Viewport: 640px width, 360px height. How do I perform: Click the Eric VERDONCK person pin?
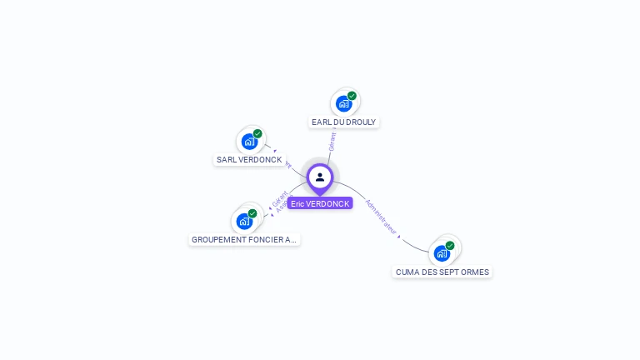pyautogui.click(x=320, y=177)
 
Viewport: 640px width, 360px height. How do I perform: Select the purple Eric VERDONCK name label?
pyautogui.click(x=320, y=203)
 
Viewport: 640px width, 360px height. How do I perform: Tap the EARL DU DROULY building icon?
pyautogui.click(x=343, y=104)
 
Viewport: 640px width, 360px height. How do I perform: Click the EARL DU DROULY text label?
pyautogui.click(x=343, y=122)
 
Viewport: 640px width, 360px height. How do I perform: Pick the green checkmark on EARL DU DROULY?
pyautogui.click(x=352, y=96)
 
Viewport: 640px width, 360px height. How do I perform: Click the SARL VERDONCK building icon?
pyautogui.click(x=248, y=142)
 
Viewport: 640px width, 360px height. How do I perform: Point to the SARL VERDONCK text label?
pyautogui.click(x=249, y=160)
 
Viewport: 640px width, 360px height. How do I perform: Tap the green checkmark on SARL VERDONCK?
pyautogui.click(x=257, y=133)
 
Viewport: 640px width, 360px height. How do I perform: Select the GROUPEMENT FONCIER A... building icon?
pyautogui.click(x=243, y=221)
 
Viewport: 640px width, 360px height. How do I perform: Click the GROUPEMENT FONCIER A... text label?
pyautogui.click(x=244, y=240)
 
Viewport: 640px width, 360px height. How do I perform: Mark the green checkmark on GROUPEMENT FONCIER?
pyautogui.click(x=252, y=213)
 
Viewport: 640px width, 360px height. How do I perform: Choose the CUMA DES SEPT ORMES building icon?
pyautogui.click(x=442, y=253)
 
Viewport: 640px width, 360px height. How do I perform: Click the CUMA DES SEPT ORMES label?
pyautogui.click(x=442, y=272)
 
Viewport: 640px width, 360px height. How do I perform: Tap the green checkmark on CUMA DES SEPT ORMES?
pyautogui.click(x=450, y=246)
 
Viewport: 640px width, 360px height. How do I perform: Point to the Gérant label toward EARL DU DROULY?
pyautogui.click(x=332, y=141)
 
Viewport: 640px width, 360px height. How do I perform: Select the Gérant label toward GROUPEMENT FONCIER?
pyautogui.click(x=278, y=198)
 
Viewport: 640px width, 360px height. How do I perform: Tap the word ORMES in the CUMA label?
pyautogui.click(x=475, y=272)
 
